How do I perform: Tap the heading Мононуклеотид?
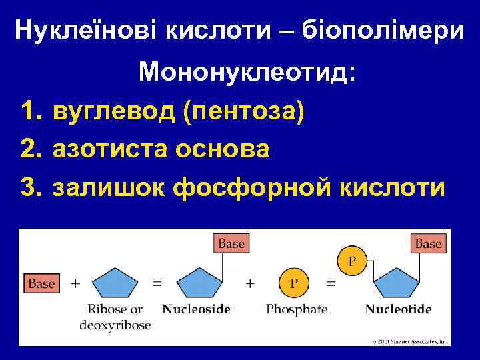(x=247, y=73)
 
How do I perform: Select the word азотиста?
(x=114, y=149)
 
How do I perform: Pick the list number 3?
(x=32, y=187)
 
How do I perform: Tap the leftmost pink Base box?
(x=41, y=283)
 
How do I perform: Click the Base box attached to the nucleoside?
(x=231, y=243)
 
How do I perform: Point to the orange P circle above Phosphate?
(x=293, y=283)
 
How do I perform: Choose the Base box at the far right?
(x=428, y=243)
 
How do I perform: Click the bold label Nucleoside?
(x=197, y=309)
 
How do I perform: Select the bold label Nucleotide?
(x=399, y=309)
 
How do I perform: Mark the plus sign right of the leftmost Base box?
(x=75, y=283)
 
